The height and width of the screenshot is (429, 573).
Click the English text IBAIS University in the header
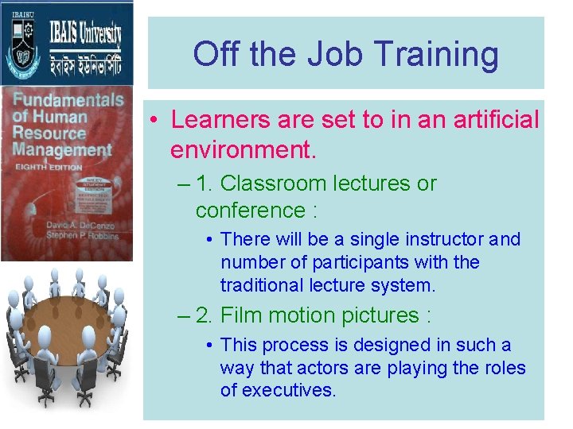[x=88, y=34]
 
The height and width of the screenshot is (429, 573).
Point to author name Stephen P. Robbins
[x=81, y=236]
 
